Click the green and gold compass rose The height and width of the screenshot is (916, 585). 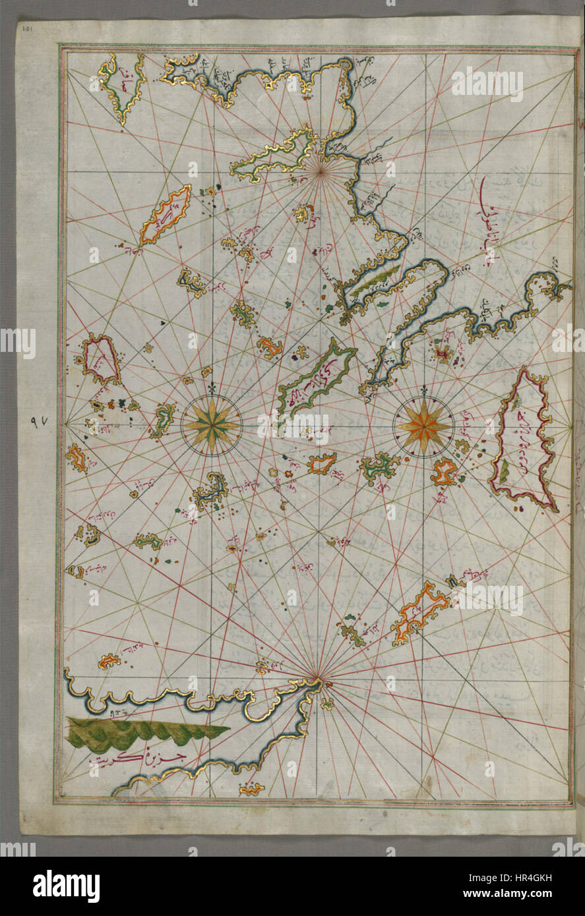211,425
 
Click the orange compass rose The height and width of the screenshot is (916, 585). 423,425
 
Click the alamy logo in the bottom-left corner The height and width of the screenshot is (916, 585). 66,886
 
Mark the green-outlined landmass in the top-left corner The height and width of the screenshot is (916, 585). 123,86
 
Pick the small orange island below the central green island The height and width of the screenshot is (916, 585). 321,463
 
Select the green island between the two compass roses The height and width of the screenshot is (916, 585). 379,467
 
